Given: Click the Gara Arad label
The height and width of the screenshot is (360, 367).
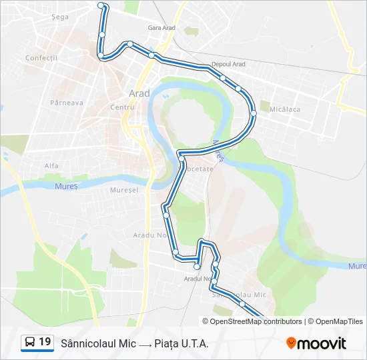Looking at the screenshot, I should [x=162, y=28].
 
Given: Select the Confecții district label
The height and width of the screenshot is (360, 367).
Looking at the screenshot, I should [x=41, y=58].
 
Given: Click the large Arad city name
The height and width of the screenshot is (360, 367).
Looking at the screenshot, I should [x=139, y=93].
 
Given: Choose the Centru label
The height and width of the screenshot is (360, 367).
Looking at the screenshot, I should [x=123, y=107].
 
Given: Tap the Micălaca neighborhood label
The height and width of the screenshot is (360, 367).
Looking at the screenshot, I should [x=285, y=109].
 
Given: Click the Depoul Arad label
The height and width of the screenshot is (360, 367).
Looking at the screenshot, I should [x=228, y=64].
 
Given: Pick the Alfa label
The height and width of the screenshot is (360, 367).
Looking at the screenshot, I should [x=51, y=165].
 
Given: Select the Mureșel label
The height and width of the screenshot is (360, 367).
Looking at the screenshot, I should [x=124, y=190].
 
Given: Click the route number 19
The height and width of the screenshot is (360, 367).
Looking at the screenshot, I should [x=45, y=343].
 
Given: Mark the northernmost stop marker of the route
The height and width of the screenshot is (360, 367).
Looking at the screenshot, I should [x=101, y=5].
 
